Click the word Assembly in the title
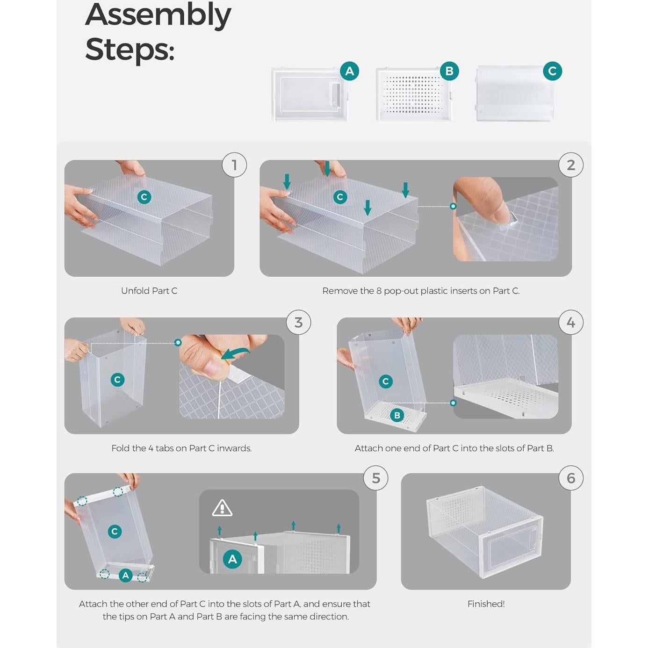(158, 15)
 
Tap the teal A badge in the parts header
(349, 71)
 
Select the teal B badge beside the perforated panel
(449, 71)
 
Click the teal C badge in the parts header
(552, 71)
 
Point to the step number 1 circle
(234, 165)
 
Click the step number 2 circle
(571, 165)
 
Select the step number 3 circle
(298, 322)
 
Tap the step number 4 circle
(571, 322)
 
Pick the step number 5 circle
(376, 478)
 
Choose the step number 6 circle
(571, 478)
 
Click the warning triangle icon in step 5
(222, 508)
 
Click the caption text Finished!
(486, 604)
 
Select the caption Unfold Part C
(149, 291)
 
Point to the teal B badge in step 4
(397, 415)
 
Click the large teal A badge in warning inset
(232, 559)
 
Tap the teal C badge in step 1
(144, 197)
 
